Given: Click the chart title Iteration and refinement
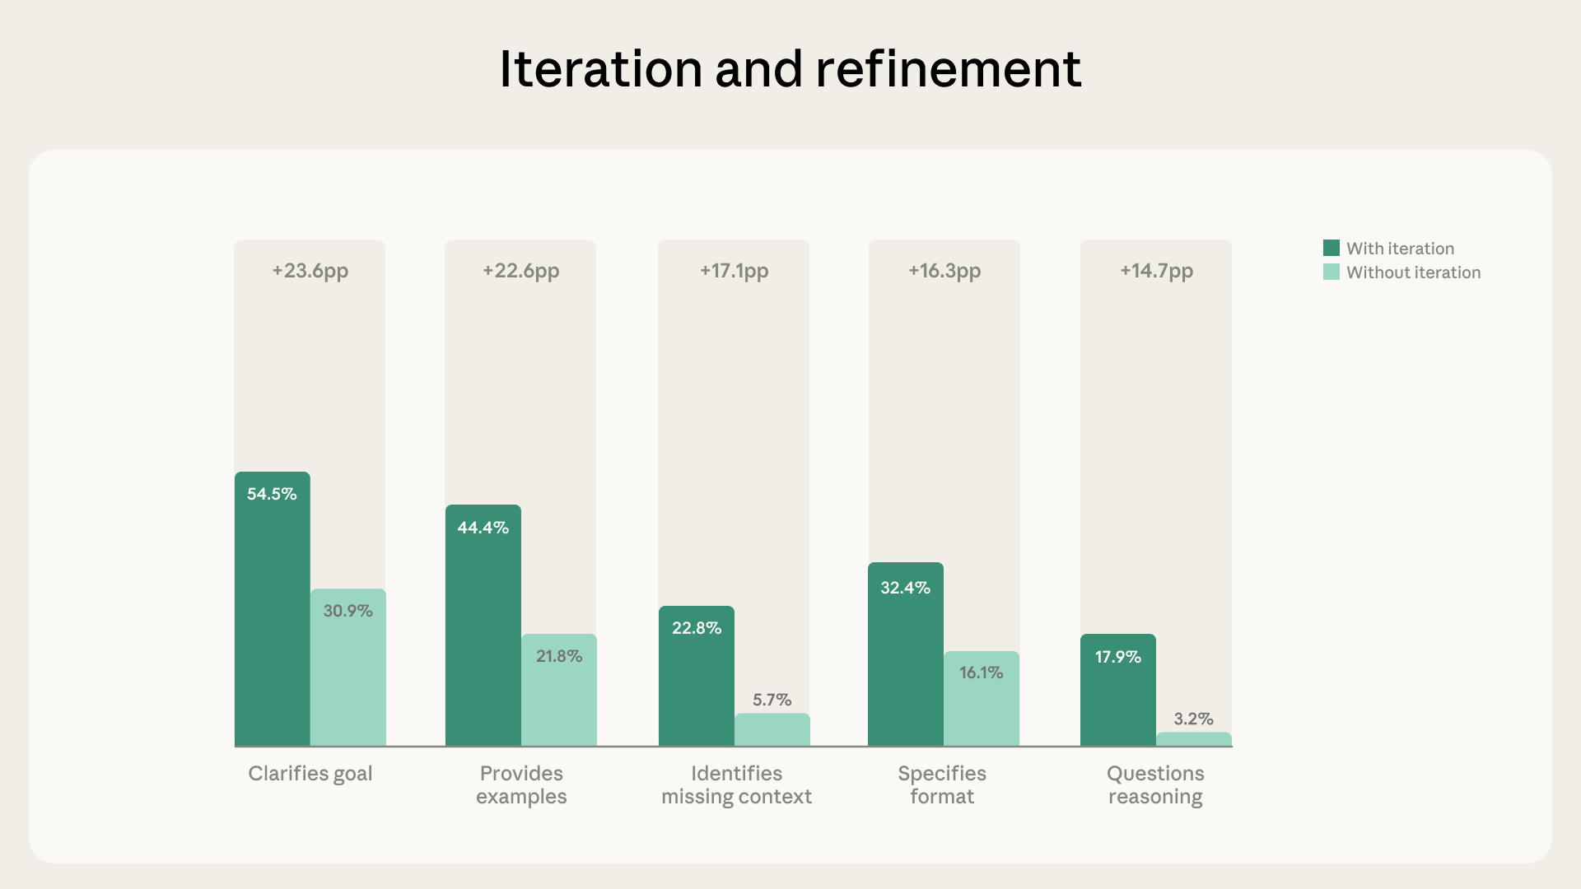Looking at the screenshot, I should (790, 69).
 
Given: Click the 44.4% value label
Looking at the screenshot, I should (483, 528).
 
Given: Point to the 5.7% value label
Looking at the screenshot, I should (772, 700).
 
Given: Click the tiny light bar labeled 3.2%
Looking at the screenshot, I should (1193, 739).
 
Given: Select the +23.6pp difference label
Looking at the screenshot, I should (310, 271).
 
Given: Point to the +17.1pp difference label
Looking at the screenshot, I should (734, 271).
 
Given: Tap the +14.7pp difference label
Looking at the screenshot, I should (1156, 271).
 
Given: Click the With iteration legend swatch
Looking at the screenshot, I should (1331, 248).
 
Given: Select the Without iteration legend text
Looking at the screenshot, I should (1413, 272).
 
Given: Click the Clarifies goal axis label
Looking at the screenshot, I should (310, 774).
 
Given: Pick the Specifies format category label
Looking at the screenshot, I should (942, 784).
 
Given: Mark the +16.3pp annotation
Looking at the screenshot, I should (944, 271).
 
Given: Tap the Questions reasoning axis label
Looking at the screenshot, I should (1155, 784).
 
